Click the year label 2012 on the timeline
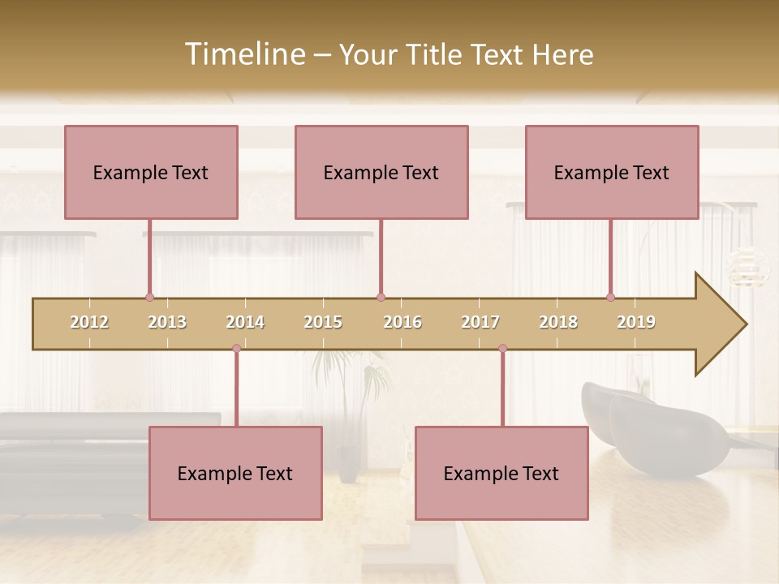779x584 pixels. pos(89,322)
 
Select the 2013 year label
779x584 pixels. pos(167,322)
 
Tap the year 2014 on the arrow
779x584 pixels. pos(245,322)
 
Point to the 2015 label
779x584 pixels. pos(323,322)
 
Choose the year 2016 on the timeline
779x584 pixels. pos(402,322)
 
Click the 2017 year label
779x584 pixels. pos(480,322)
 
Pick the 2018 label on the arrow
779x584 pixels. pos(558,322)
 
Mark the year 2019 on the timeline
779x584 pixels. pos(636,322)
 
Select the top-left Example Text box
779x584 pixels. pos(151,172)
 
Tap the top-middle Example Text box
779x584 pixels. pos(381,172)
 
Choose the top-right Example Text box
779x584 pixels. pos(612,172)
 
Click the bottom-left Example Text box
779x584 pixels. pos(235,473)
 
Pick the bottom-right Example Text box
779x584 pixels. pos(501,473)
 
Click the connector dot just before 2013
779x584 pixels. pos(149,298)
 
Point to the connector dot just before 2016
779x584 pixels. pos(381,298)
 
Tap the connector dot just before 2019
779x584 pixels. pos(610,298)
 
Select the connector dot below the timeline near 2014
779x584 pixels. pos(236,349)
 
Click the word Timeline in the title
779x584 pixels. pos(243,54)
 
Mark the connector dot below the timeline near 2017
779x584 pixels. pos(502,349)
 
